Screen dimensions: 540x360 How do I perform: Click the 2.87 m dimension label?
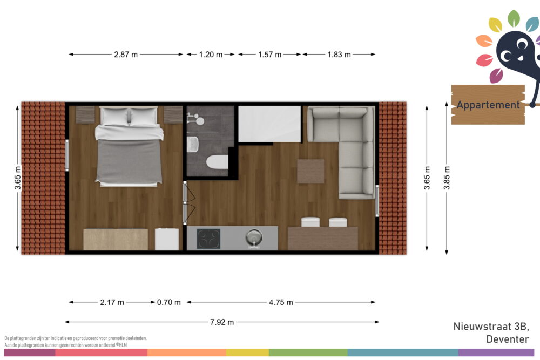[x=126, y=55]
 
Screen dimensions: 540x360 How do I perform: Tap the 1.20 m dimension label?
[x=211, y=55]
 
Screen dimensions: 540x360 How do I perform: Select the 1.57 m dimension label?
[x=269, y=55]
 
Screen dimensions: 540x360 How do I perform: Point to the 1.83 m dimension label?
[x=339, y=55]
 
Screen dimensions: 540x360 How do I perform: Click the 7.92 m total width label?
[x=222, y=322]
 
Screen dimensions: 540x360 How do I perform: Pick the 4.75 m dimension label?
[x=281, y=302]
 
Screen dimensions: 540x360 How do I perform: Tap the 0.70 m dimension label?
[x=168, y=302]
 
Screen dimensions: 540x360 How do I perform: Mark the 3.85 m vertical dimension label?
[x=447, y=178]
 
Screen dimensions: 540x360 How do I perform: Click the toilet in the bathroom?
[x=217, y=162]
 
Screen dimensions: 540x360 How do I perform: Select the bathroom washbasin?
[x=193, y=144]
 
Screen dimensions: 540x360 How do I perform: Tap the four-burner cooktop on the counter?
[x=208, y=239]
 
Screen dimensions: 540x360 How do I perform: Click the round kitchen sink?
[x=254, y=237]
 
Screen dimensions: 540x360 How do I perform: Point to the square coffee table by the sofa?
[x=310, y=171]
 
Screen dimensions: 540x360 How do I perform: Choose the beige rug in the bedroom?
[x=116, y=240]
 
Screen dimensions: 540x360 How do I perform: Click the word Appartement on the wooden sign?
[x=488, y=105]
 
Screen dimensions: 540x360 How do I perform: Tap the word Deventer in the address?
[x=508, y=339]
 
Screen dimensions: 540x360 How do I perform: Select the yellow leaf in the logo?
[x=496, y=25]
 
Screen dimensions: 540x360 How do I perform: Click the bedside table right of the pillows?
[x=173, y=114]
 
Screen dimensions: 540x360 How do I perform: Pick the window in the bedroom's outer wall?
[x=67, y=155]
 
